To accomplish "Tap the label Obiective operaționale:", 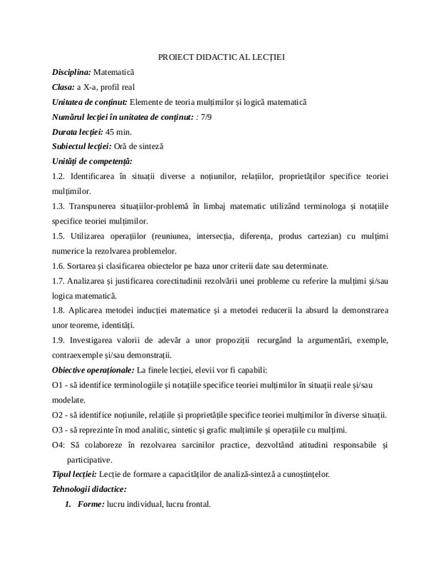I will coord(93,370).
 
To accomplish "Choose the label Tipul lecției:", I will coord(74,474).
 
